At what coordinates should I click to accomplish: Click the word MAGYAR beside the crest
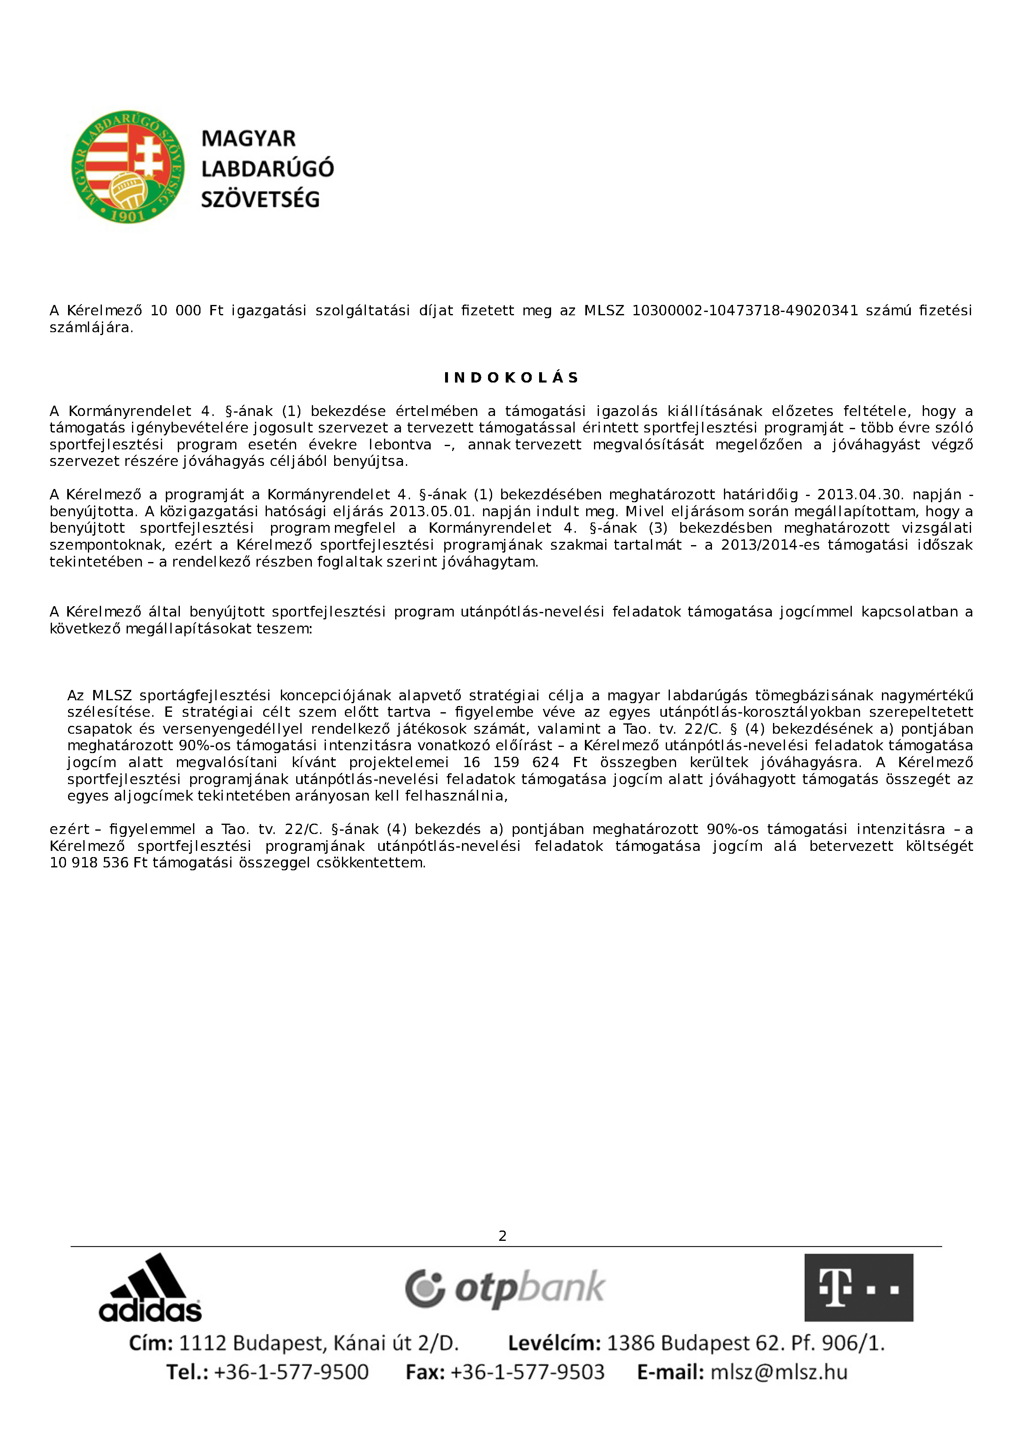[x=248, y=139]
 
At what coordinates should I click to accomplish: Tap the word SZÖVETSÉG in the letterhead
[x=260, y=200]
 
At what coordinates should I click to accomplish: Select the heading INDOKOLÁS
[x=511, y=378]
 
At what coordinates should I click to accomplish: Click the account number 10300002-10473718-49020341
[x=745, y=311]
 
